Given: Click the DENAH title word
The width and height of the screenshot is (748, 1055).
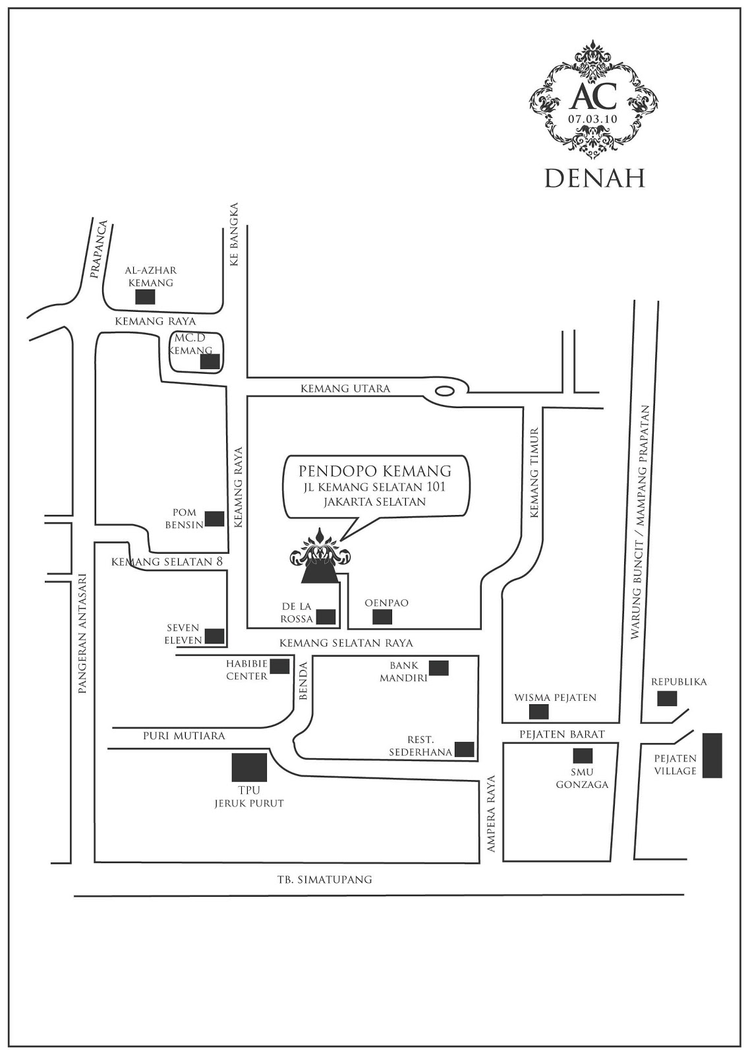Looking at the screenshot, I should (594, 177).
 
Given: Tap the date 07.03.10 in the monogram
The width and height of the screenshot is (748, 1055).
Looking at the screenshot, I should (592, 119).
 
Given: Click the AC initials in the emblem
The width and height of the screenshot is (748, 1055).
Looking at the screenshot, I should (592, 96).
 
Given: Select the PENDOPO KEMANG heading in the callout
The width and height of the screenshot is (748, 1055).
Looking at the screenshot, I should (375, 471).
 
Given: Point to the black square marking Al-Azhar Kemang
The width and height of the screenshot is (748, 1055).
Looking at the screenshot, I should (145, 297).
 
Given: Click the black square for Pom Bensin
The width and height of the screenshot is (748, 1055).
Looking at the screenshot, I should (214, 519).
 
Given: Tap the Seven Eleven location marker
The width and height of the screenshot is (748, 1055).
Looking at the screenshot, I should (214, 636).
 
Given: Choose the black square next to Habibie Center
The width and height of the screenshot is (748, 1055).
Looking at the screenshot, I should (279, 667).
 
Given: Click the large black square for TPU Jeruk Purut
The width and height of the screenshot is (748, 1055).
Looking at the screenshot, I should (249, 767).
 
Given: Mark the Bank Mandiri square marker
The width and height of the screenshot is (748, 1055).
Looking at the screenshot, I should (439, 668).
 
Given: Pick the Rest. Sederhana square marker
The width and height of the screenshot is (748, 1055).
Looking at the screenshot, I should (465, 749).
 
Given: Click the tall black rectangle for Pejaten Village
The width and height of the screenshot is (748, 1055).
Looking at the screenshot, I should (712, 756).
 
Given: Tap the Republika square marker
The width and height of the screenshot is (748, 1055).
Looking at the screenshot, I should (667, 698).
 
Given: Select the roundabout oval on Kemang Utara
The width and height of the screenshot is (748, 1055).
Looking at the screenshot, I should (446, 390).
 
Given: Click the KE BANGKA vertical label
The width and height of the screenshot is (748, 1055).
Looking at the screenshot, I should (233, 244).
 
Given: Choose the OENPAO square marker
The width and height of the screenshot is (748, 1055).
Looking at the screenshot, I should (382, 617).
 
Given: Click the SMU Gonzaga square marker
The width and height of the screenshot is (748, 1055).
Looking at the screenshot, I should (583, 756).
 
